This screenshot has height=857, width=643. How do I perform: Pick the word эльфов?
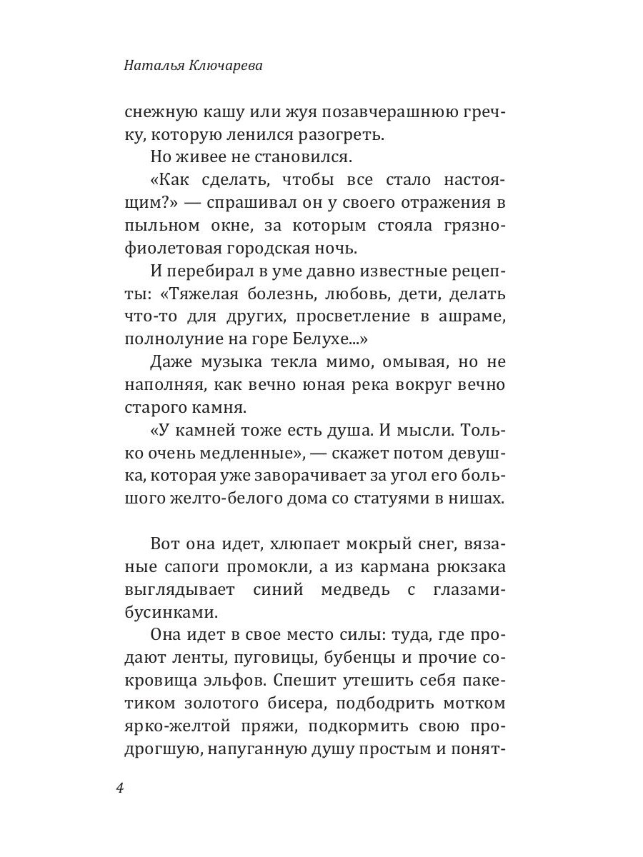230,681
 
